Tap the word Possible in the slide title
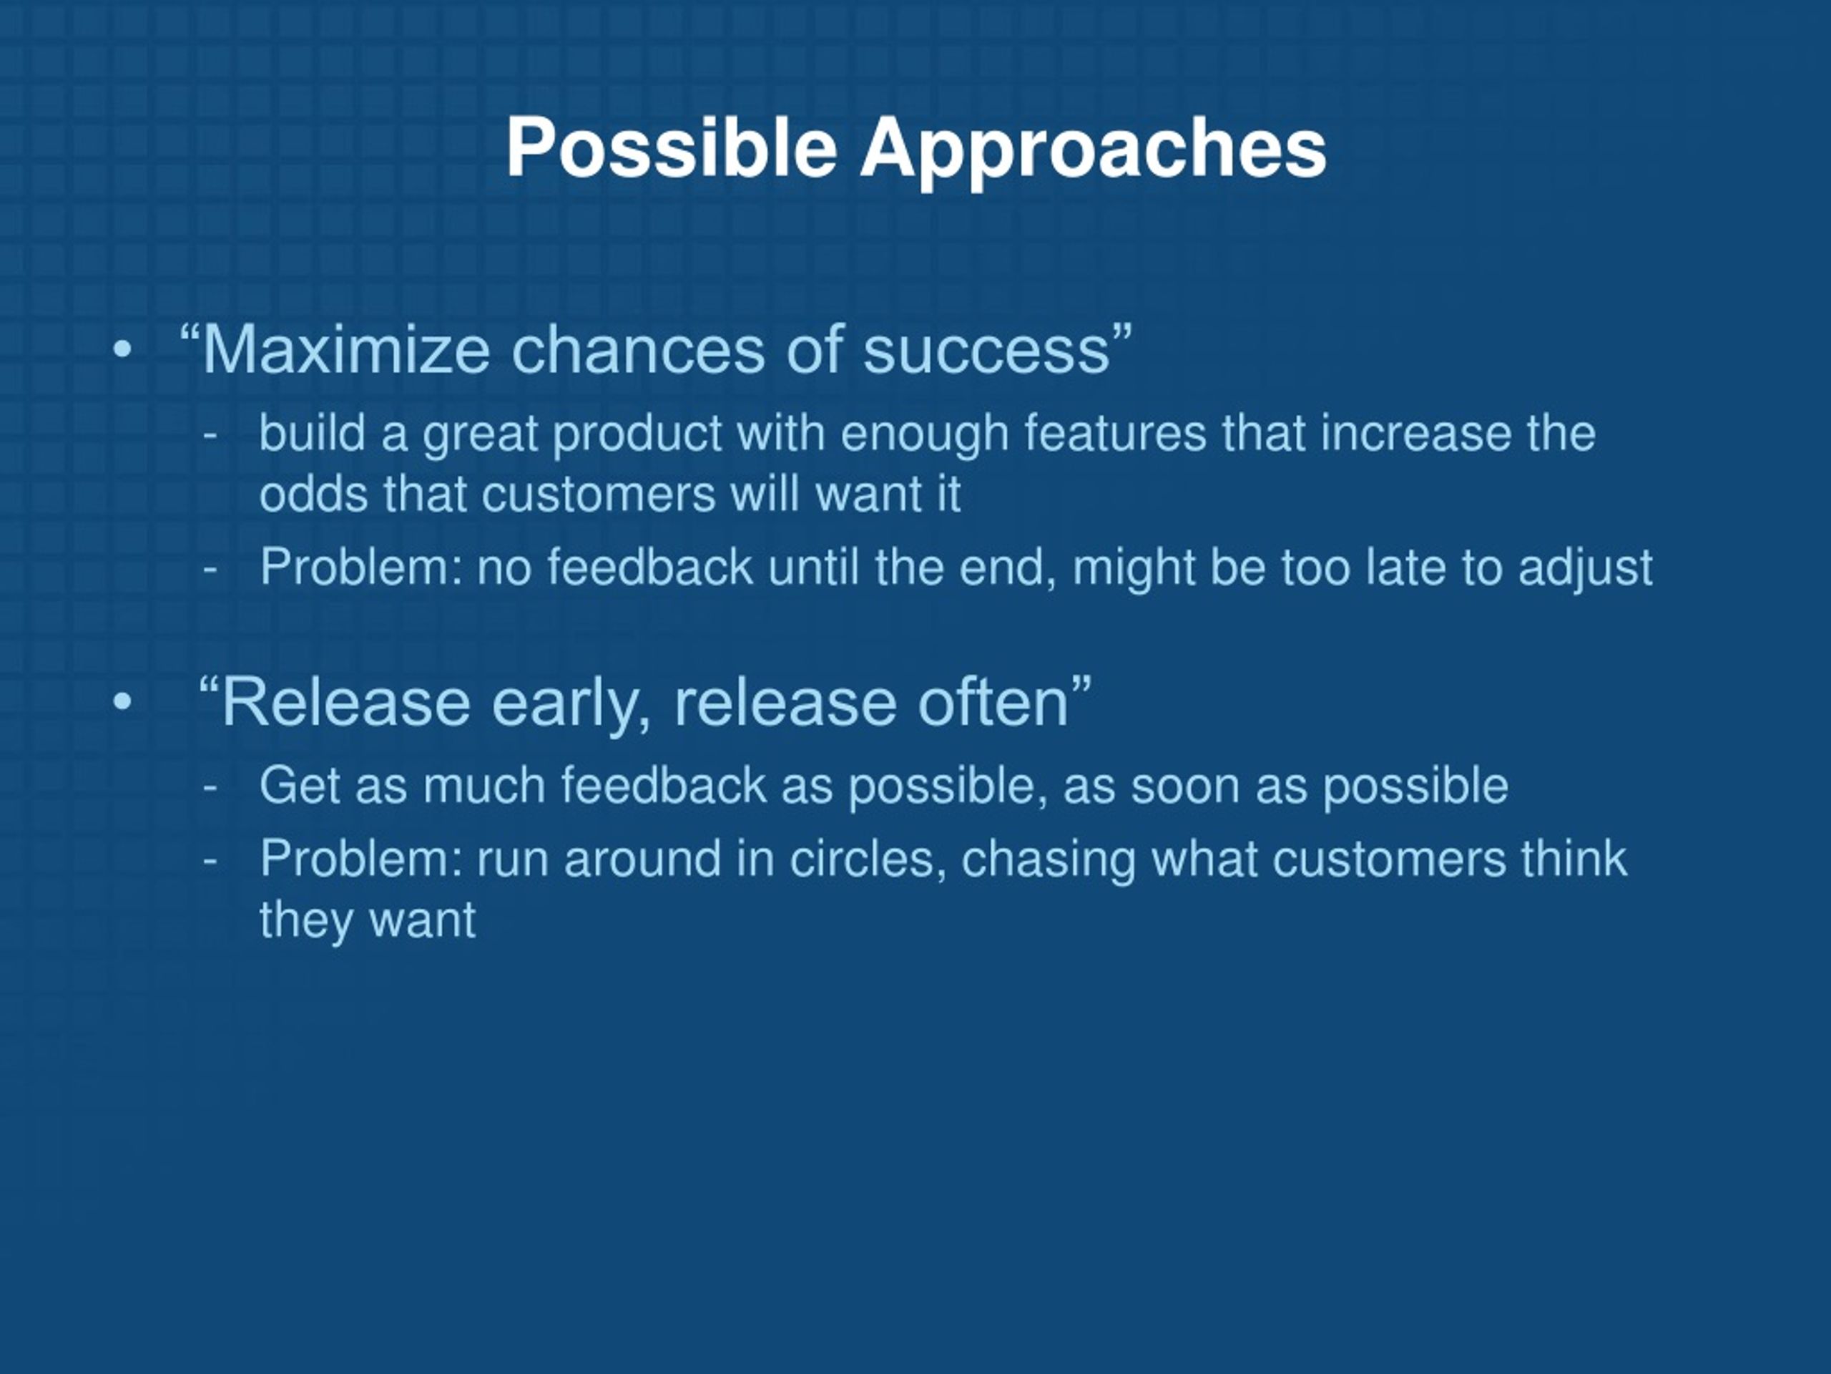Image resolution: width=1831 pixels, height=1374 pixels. [672, 147]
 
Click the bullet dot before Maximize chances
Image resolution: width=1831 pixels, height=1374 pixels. [122, 351]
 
